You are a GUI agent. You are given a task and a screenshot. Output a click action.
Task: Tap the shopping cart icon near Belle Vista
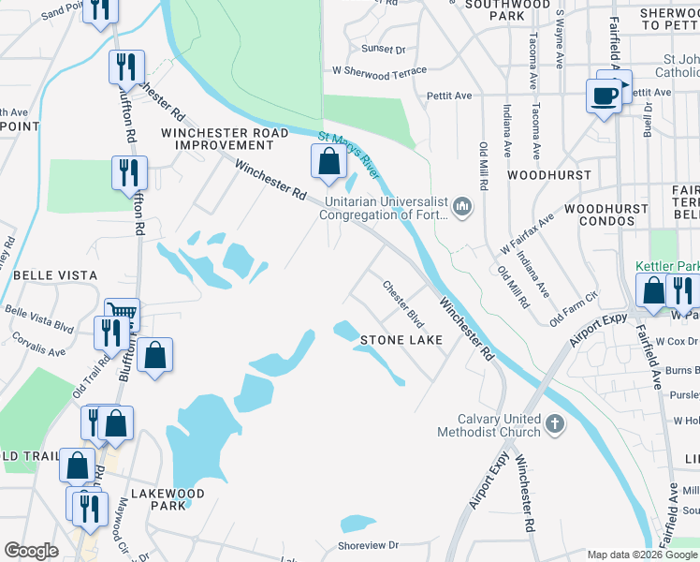[x=123, y=313]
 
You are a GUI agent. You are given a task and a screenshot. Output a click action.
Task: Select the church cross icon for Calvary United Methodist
[x=554, y=425]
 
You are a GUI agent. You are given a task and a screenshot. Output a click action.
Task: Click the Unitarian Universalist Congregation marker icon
[x=461, y=205]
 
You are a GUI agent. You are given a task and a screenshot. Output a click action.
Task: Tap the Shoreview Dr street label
[x=368, y=544]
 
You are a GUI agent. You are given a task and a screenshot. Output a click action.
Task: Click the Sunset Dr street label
[x=384, y=49]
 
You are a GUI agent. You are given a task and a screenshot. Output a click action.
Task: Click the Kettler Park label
[x=668, y=266]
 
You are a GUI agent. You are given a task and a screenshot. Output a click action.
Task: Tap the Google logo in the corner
[x=31, y=551]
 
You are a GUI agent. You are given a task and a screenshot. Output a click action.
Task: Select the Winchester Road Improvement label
[x=225, y=139]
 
